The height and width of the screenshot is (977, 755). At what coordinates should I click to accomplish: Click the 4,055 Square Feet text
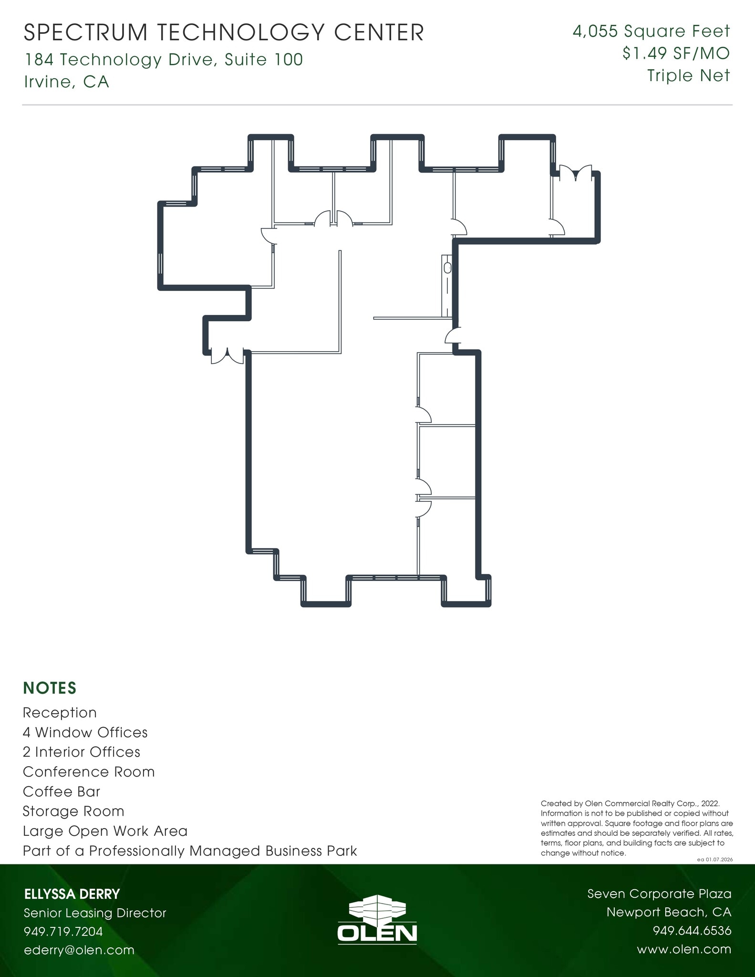point(651,31)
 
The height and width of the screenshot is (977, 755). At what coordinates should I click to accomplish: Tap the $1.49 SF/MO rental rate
point(676,53)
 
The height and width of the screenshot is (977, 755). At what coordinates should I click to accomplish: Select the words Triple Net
point(688,75)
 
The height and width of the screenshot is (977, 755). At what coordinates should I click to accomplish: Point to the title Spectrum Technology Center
point(224,33)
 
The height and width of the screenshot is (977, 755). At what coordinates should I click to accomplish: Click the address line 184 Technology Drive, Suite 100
point(164,60)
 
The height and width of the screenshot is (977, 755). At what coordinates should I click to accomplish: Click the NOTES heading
point(50,688)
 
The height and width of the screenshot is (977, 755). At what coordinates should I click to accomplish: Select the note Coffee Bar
point(62,791)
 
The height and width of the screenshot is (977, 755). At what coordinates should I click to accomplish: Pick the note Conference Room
point(89,771)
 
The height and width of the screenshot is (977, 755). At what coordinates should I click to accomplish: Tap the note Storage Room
point(73,811)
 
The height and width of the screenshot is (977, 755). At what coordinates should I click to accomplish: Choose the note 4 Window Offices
point(85,732)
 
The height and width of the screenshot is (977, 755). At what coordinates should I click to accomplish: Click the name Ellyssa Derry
point(72,894)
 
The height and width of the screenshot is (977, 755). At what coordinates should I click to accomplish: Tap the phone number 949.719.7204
point(63,931)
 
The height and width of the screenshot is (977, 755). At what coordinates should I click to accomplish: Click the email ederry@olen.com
point(79,950)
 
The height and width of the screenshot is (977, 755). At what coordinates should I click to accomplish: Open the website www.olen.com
point(683,949)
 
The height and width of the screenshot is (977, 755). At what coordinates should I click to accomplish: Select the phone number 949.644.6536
point(692,931)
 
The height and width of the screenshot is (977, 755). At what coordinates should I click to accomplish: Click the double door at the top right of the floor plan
point(576,174)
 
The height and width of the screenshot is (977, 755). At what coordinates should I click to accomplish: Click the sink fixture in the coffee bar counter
point(447,268)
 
